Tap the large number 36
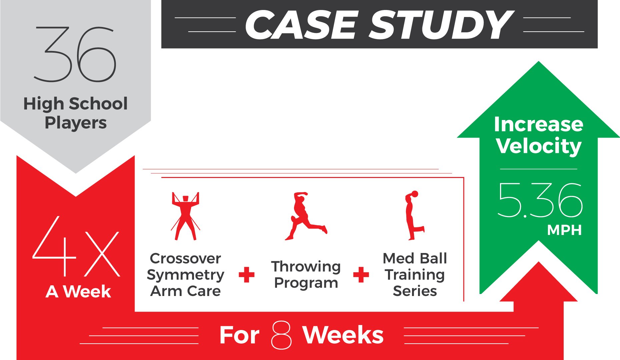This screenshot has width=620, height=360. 75,54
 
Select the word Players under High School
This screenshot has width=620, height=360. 76,123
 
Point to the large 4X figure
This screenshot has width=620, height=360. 76,246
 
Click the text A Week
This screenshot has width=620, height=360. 78,292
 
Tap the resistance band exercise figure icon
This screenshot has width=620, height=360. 185,216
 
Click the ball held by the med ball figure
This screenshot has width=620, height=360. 415,194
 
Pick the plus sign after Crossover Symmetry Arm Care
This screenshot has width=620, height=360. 247,275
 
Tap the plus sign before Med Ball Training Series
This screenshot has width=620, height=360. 361,275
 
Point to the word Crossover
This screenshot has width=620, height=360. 185,258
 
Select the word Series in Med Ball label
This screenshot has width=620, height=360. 415,291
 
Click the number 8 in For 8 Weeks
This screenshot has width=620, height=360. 281,335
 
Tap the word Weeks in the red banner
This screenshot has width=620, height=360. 343,335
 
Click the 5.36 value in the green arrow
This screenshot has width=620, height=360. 540,200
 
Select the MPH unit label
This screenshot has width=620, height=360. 564,230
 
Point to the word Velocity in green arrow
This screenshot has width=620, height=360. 539,146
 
